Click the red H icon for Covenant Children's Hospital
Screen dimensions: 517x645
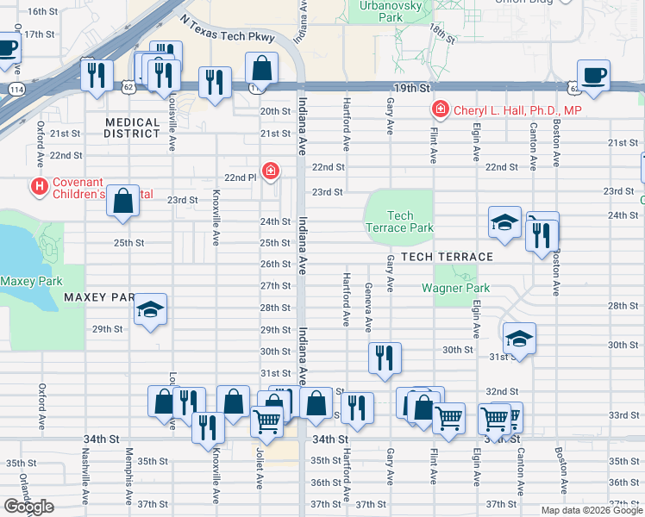click(39, 185)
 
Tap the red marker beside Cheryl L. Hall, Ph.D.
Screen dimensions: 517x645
click(440, 110)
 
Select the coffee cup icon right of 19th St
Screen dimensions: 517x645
click(593, 76)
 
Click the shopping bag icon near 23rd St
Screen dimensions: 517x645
click(124, 201)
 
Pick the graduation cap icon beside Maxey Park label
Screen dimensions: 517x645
click(150, 311)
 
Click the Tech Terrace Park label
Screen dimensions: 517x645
click(400, 221)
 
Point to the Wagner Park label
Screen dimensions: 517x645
click(455, 288)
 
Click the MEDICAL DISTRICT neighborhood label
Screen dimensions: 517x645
click(132, 128)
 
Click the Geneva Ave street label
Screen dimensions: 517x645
click(368, 307)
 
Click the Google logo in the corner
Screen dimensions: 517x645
click(28, 507)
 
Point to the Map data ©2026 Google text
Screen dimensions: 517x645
click(592, 510)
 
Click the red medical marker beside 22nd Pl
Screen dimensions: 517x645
click(271, 171)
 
